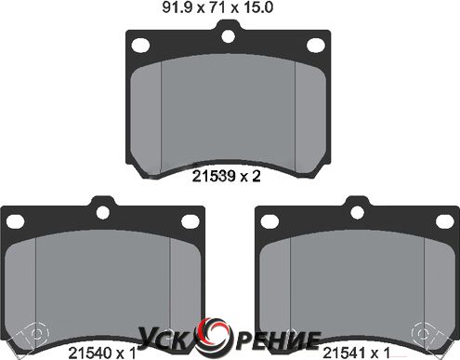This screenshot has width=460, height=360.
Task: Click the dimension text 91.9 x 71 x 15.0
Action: click(x=217, y=7)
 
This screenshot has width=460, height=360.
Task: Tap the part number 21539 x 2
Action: click(x=227, y=177)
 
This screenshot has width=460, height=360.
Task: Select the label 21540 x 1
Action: click(x=102, y=353)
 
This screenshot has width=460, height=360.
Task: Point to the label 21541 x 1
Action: click(x=356, y=353)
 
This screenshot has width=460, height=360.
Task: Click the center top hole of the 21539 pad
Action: click(x=229, y=35)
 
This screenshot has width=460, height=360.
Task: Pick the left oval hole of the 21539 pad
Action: click(x=140, y=45)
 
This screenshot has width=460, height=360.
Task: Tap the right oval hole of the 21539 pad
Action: click(x=316, y=45)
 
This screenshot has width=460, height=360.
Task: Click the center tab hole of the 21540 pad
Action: click(x=103, y=212)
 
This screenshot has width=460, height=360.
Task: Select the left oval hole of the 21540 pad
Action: click(x=15, y=221)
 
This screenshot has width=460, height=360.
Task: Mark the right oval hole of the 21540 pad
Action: click(x=191, y=221)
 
